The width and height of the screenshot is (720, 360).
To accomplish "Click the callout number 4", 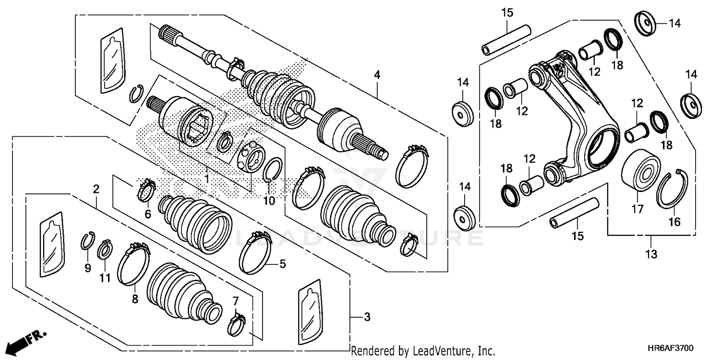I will point(377,75).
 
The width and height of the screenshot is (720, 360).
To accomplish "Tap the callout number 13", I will point(651,254).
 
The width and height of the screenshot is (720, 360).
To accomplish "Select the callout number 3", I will point(367,317).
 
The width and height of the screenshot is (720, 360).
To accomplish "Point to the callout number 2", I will point(96,189).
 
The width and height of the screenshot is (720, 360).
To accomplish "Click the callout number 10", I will point(269,201).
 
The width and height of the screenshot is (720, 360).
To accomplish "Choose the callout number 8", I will point(135,299).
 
